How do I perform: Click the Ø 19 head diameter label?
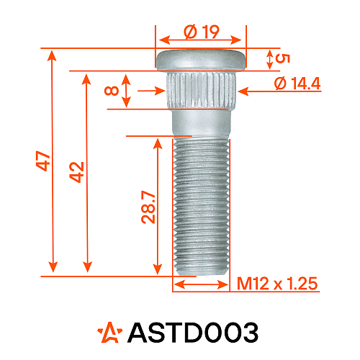201,32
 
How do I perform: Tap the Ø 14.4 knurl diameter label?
297,84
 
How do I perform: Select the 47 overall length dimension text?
43,161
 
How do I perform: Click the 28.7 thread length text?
149,207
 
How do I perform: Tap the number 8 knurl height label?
110,91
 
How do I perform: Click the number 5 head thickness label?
282,58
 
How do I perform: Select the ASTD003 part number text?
192,333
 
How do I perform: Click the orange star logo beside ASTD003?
110,332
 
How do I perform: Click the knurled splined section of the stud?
201,91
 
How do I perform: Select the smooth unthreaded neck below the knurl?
201,122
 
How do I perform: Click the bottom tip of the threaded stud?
202,271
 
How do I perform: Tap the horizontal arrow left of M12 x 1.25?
202,284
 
